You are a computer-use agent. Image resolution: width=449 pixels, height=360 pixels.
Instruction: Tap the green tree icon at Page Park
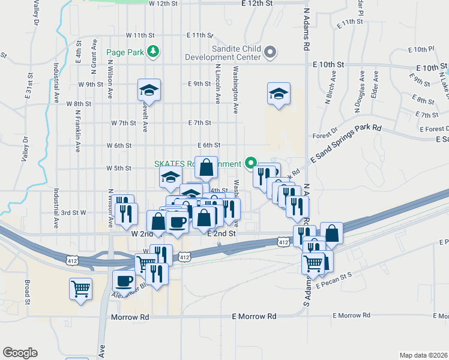pos(154,52)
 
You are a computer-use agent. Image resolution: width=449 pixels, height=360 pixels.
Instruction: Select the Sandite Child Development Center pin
pos(270,52)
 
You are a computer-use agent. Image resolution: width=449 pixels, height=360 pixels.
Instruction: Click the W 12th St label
pos(164,4)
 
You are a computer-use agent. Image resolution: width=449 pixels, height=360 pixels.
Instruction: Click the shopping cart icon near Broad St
pos(80,289)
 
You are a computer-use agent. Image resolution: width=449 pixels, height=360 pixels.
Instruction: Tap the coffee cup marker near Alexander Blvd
pos(124,281)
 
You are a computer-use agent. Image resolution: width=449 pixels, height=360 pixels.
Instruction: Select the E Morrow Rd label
pos(254,316)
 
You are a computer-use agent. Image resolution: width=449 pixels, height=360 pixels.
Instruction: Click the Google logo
pos(20,353)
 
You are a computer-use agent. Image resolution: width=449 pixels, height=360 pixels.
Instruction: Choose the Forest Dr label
pos(325,136)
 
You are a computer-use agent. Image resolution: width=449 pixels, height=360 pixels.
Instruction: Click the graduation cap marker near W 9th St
pos(149,91)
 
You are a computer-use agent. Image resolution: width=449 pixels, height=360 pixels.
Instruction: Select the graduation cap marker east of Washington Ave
pos(279,94)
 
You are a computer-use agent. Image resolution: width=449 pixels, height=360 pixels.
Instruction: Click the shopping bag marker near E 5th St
pos(206,167)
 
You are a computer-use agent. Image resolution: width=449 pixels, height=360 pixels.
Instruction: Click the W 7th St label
pos(124,123)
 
